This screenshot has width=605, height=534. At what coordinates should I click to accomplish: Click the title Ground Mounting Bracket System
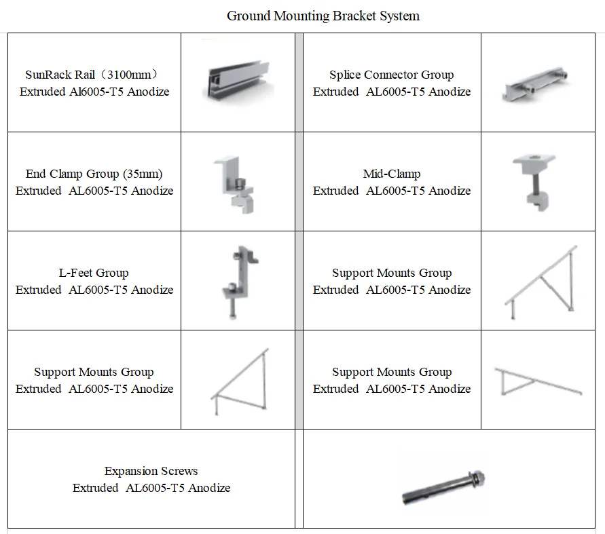pos(323,16)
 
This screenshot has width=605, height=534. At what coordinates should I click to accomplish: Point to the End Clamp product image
pos(234,182)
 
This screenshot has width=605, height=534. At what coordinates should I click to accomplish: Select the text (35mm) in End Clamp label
pos(143,174)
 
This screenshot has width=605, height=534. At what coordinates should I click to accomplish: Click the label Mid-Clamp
pos(392,174)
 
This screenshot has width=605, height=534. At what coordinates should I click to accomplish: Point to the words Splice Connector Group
pos(392,75)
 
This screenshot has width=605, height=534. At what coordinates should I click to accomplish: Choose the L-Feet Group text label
pos(94,273)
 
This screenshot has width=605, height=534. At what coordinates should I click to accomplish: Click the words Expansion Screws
pos(151,471)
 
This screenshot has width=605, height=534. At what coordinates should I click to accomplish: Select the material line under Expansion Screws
pos(151,488)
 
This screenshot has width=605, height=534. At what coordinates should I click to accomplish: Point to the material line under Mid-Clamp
pos(392,191)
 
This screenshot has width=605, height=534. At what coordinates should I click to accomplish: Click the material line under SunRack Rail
pos(94,92)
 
